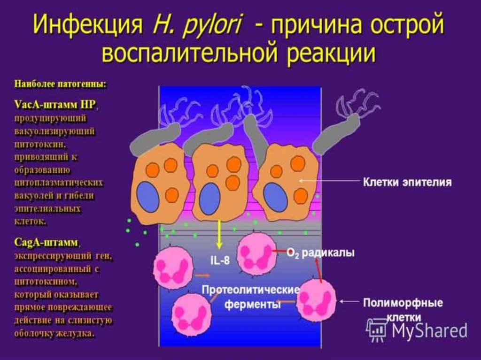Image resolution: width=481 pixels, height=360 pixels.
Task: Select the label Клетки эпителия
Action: (x=407, y=182)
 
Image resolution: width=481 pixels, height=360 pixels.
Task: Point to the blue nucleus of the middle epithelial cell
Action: (x=209, y=199)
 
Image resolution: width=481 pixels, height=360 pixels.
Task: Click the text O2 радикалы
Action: (x=321, y=253)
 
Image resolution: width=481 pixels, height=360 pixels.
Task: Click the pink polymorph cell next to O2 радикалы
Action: (x=256, y=253)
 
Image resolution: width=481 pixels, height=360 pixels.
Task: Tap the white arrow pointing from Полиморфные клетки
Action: (x=348, y=301)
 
